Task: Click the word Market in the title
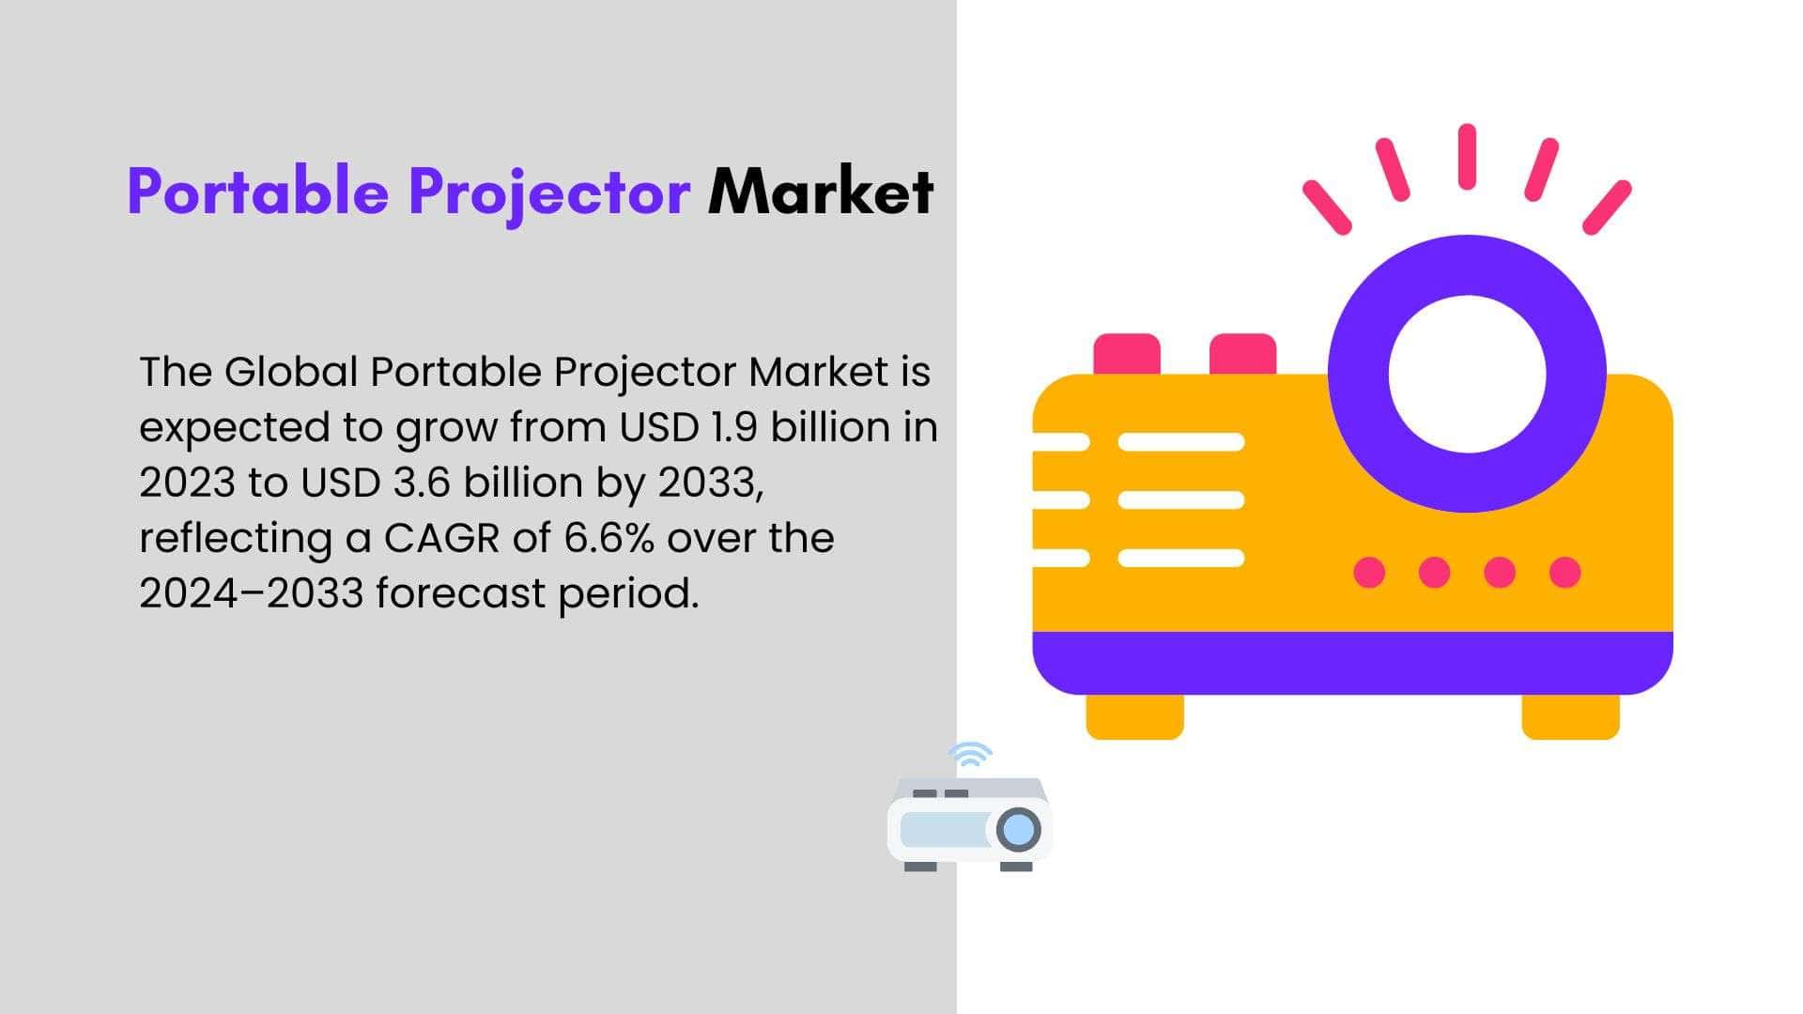click(x=821, y=192)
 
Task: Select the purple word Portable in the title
click(x=258, y=192)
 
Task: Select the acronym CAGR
click(x=441, y=538)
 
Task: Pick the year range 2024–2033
click(x=251, y=593)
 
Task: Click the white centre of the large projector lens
click(x=1467, y=373)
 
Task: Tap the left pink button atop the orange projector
click(x=1127, y=354)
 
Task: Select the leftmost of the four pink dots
click(x=1369, y=572)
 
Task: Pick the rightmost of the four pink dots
click(x=1564, y=572)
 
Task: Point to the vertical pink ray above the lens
click(x=1467, y=156)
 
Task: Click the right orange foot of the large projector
click(x=1570, y=716)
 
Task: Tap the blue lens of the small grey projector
click(x=1019, y=830)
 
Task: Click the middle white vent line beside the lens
click(x=1181, y=499)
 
